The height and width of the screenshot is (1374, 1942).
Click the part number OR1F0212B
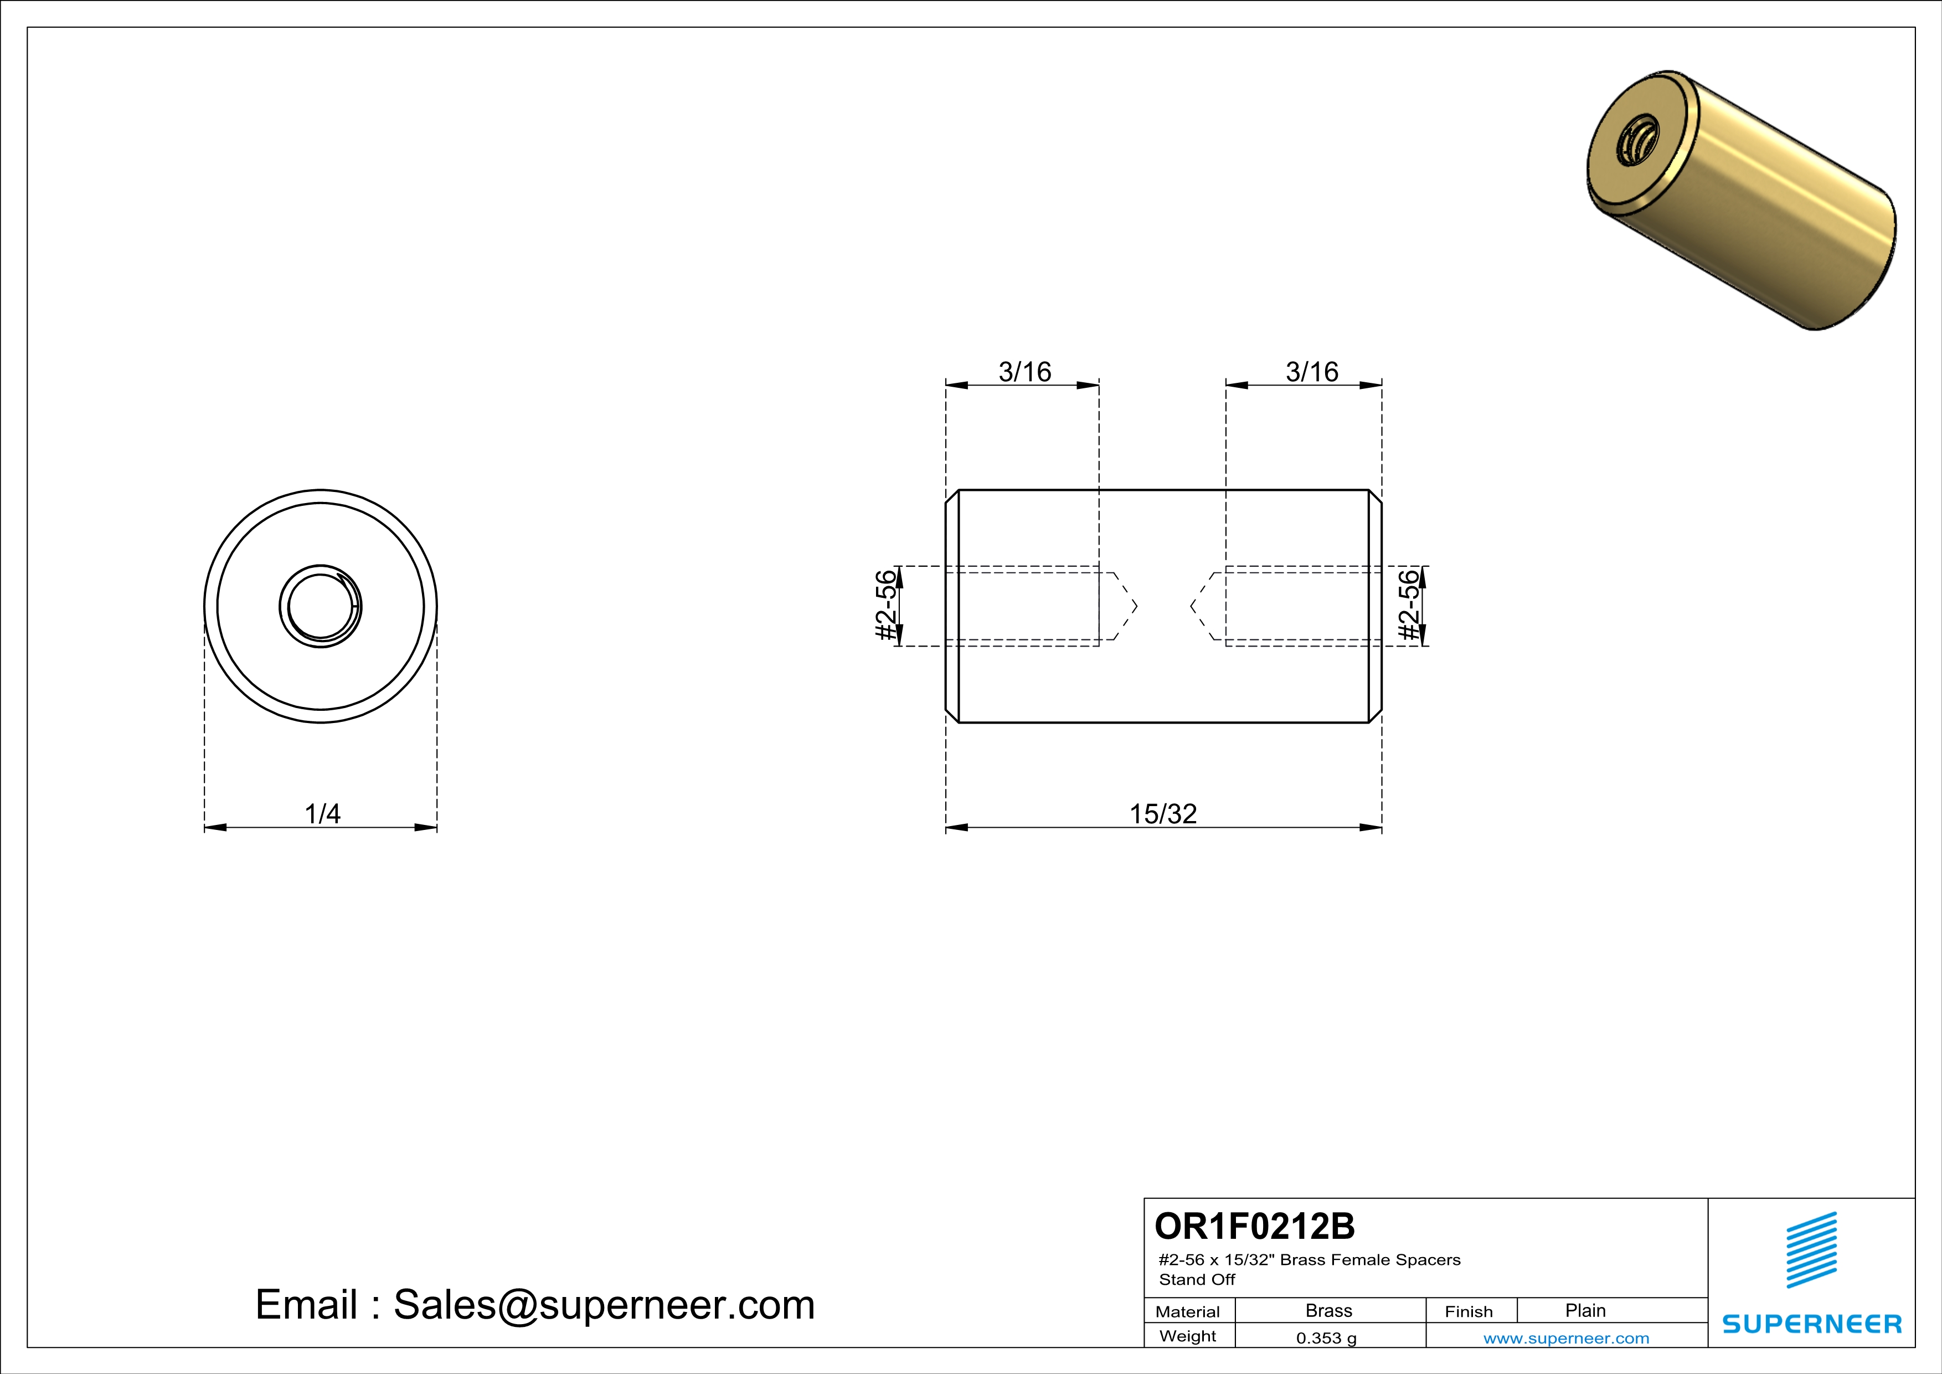coord(1254,1226)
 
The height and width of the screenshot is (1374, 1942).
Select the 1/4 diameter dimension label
coord(322,814)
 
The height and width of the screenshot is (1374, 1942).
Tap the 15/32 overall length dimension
coord(1163,814)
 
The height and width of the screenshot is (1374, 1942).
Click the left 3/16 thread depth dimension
coord(1024,371)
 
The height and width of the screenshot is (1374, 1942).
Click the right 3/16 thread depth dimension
coord(1312,371)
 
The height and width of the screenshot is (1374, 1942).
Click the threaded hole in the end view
coord(321,607)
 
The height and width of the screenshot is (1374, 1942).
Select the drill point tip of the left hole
coord(1135,606)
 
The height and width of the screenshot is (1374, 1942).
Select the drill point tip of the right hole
coord(1192,606)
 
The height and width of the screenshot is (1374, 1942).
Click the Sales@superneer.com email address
coord(604,1305)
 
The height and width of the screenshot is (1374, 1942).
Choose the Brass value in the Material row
coord(1329,1310)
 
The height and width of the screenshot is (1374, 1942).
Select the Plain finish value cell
coord(1585,1310)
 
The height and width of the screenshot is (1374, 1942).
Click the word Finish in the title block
coord(1469,1311)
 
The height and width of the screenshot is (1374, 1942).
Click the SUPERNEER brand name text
coord(1812,1324)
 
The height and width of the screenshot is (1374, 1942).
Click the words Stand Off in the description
coord(1197,1280)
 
